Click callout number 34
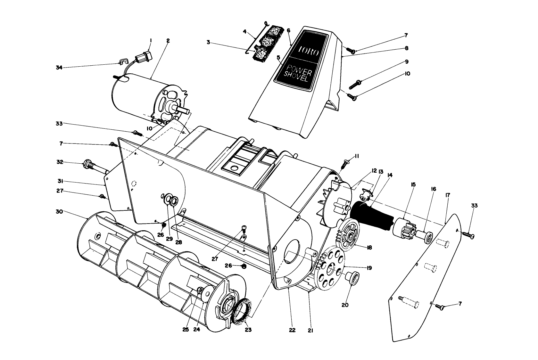click(59, 67)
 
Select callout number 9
click(406, 61)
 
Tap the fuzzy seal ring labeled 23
click(243, 312)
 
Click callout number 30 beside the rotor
click(59, 212)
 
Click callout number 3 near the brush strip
click(208, 42)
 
